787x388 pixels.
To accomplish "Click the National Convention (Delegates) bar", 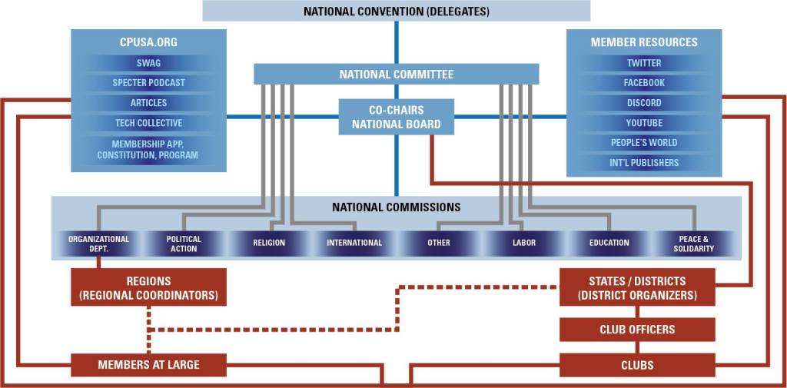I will pos(396,11).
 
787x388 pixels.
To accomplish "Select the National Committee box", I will pos(396,75).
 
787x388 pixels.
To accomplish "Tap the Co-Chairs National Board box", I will pos(396,117).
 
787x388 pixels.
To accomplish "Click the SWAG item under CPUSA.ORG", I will pos(148,63).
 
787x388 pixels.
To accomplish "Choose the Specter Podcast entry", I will pos(148,83).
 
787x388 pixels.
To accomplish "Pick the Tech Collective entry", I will pos(148,123).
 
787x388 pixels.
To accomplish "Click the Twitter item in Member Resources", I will pos(644,63).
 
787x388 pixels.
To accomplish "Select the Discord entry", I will pos(644,103).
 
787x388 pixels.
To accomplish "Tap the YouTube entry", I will pos(644,123).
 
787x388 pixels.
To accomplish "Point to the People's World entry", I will pos(644,143).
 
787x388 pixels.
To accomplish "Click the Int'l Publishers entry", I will pos(644,163).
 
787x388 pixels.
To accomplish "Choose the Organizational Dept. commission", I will pos(98,244).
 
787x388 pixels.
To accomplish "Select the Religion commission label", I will pos(269,244).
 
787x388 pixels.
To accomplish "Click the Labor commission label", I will pos(524,244).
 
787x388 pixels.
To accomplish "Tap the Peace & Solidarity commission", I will pos(696,244).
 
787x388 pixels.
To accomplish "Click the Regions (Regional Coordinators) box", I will pos(148,287).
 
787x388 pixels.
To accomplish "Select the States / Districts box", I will pos(637,287).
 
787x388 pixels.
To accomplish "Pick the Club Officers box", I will pos(637,330).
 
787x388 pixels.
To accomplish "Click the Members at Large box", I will pos(148,365).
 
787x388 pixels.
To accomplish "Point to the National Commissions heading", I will pos(396,207).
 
